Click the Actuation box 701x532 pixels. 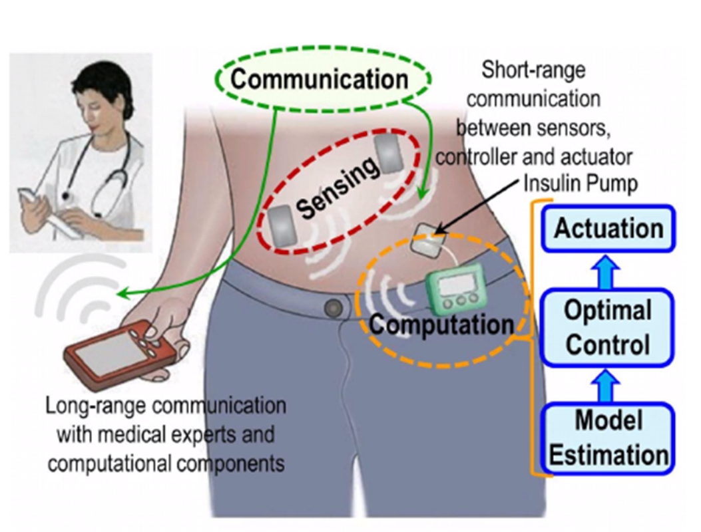608,228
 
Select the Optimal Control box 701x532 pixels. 608,327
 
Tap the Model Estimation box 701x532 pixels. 608,438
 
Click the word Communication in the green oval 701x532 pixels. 319,79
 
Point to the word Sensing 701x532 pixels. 337,191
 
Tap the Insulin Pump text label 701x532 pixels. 581,184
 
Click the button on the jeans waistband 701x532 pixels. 334,307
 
